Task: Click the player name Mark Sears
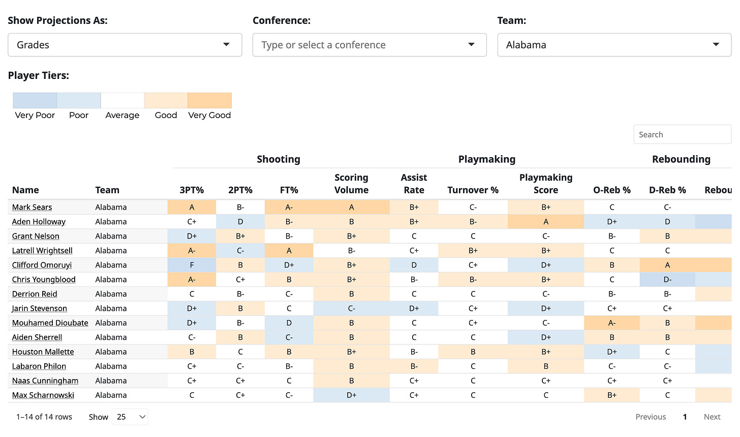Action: point(32,207)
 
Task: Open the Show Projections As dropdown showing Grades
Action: point(125,45)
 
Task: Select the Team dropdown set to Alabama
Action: point(614,45)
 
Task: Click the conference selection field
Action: point(369,45)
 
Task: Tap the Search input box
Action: point(682,134)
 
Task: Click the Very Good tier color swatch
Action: point(209,100)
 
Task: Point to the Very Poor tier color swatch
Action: point(35,100)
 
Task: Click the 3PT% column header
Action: point(192,190)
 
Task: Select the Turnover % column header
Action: point(473,190)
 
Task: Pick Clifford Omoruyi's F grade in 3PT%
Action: point(192,265)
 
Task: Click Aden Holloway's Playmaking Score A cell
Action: point(546,222)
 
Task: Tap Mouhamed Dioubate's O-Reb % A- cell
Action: point(612,323)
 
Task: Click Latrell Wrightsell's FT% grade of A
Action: point(289,250)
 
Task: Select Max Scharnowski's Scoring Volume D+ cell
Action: point(351,395)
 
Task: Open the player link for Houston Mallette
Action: point(43,352)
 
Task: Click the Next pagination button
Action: point(712,417)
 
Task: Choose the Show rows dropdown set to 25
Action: point(130,417)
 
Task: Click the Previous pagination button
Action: point(651,417)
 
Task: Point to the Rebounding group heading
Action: point(681,159)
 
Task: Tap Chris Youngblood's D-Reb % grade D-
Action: point(667,279)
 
